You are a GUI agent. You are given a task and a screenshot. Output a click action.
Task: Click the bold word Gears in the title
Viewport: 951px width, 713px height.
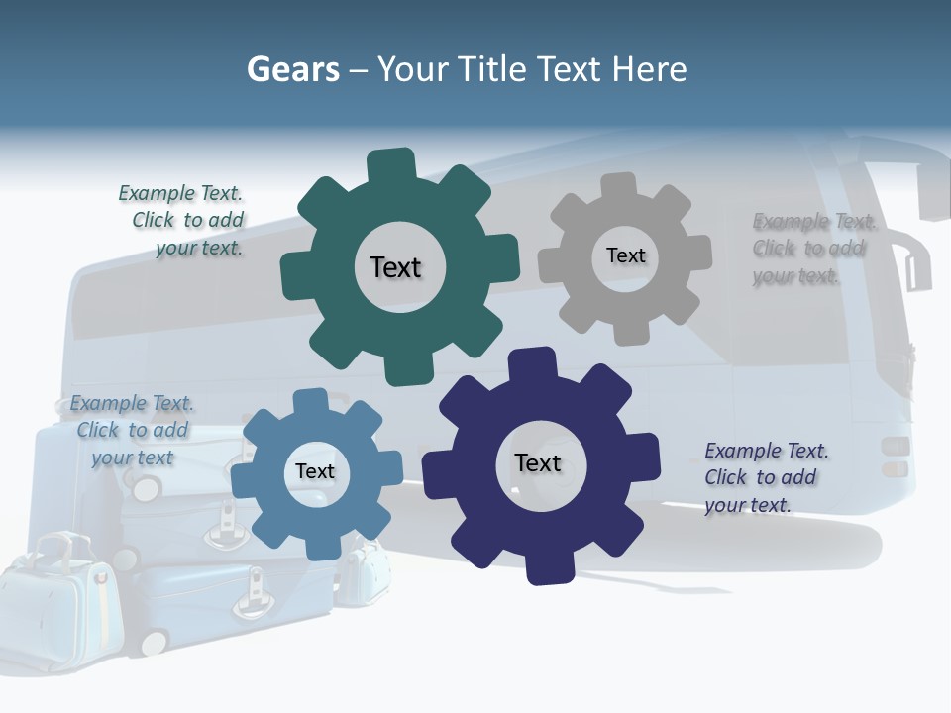(x=292, y=69)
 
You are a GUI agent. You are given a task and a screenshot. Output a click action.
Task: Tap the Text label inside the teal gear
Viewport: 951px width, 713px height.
(x=395, y=267)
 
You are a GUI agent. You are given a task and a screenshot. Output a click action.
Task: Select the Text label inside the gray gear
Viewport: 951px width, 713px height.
(x=625, y=255)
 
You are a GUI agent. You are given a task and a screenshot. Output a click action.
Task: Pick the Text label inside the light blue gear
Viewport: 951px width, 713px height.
(x=315, y=471)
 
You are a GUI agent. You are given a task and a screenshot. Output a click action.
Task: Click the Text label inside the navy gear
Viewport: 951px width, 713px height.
(x=538, y=463)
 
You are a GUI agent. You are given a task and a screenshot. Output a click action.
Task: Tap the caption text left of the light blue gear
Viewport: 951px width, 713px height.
(x=132, y=431)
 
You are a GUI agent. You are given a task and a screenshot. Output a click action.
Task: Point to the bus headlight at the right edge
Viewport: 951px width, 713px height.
(x=895, y=456)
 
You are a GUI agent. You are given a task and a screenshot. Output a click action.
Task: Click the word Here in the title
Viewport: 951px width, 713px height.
(x=649, y=69)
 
